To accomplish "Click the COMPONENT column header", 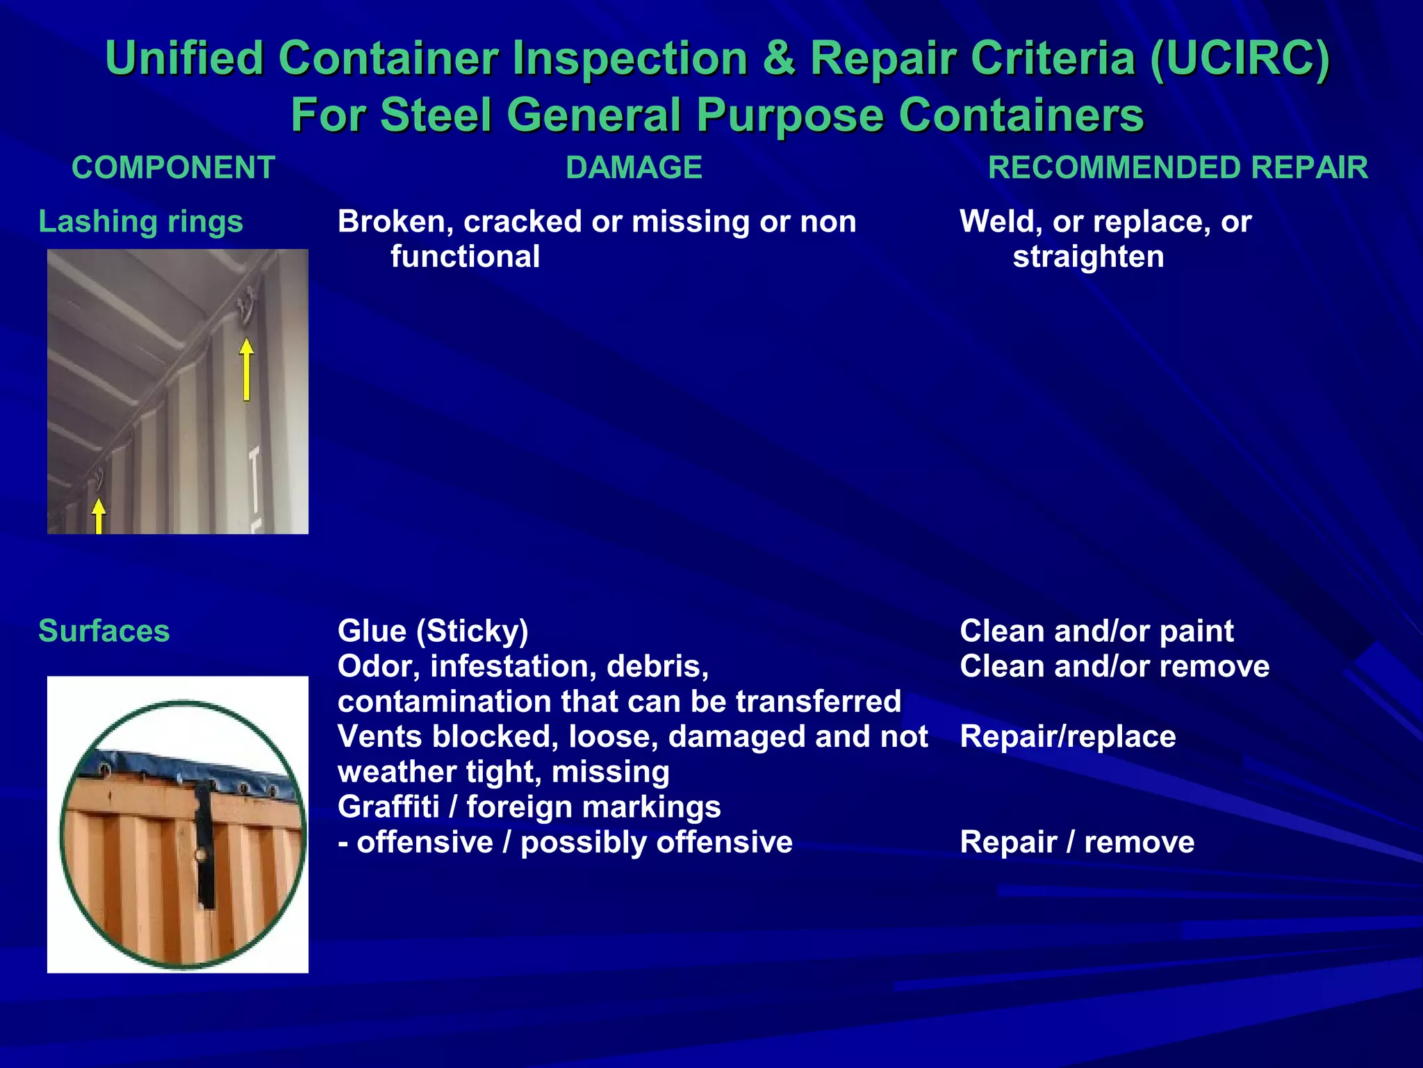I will click(174, 168).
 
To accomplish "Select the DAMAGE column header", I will click(634, 168).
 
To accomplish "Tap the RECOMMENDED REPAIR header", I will click(1178, 168).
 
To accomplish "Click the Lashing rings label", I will click(141, 222).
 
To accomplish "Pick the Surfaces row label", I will click(104, 631).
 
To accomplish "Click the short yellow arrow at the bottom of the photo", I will click(99, 516).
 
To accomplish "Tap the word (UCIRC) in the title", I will click(1240, 58).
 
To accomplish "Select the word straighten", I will click(1088, 257).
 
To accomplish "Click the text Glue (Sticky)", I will click(433, 631).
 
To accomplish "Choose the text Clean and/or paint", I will click(1096, 631).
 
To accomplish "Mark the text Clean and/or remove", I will click(1114, 667).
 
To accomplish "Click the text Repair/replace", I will click(1068, 737).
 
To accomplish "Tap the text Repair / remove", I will click(1077, 843).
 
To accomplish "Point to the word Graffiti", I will click(388, 807).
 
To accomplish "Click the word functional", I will click(465, 257).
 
